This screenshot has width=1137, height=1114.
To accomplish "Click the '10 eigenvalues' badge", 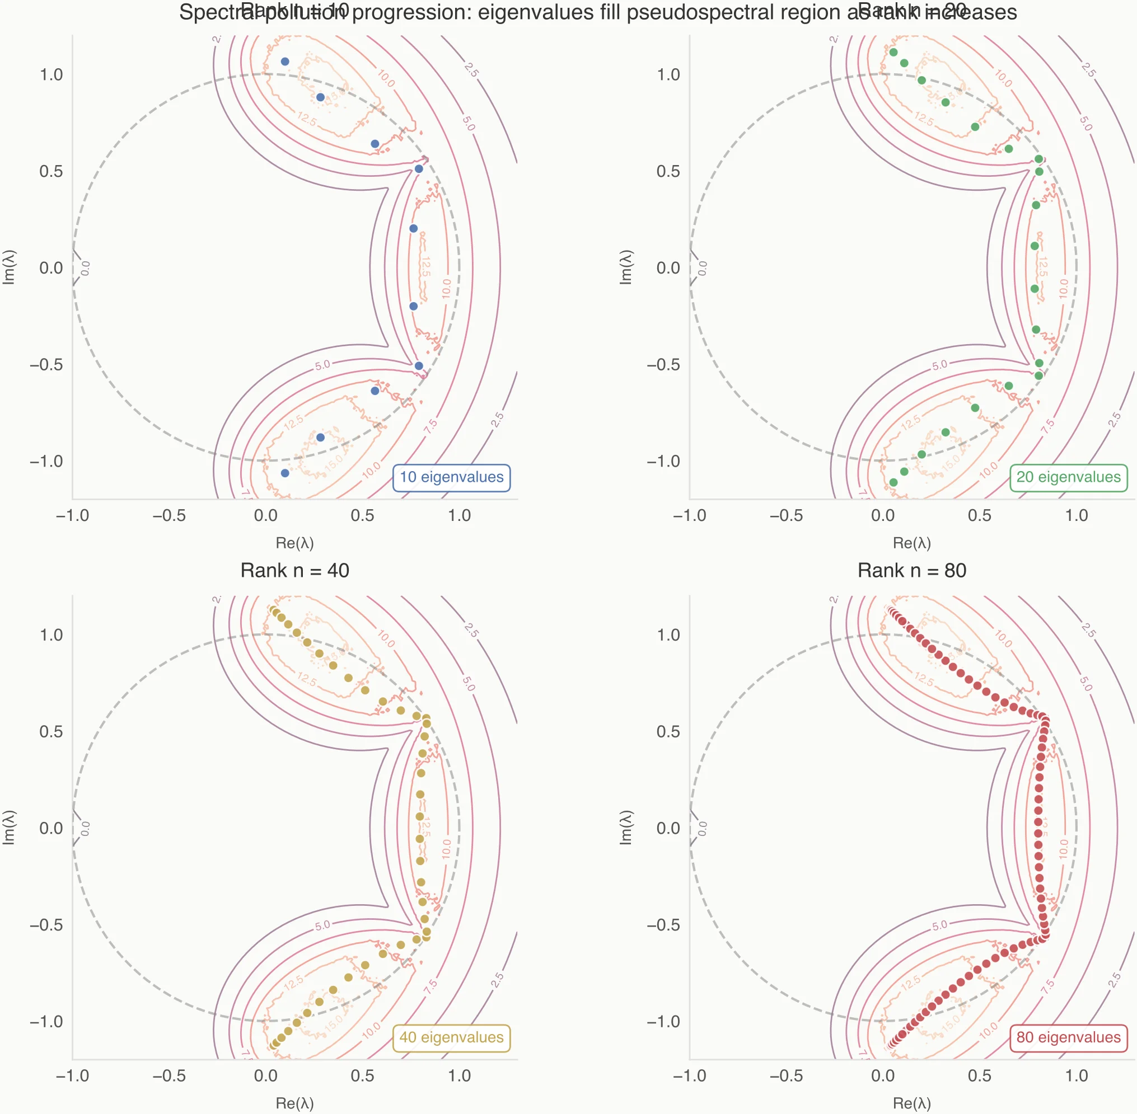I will click(451, 477).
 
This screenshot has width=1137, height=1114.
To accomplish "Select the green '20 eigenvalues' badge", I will click(1068, 477).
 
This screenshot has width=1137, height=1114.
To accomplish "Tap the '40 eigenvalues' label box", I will click(451, 1037).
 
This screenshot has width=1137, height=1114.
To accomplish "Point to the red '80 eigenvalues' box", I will click(1068, 1037).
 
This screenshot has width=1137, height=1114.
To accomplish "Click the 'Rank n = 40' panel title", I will click(294, 571).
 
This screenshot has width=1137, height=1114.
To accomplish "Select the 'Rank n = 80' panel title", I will click(911, 571).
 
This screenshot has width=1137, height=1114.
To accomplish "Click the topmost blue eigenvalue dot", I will click(284, 62).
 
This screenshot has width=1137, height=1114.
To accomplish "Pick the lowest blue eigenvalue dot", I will click(284, 473).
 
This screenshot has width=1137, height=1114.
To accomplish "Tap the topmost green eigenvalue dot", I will click(893, 52).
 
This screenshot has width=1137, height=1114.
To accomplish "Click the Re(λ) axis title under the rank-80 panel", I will click(911, 1103).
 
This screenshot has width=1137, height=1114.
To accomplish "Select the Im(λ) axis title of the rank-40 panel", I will click(9, 828).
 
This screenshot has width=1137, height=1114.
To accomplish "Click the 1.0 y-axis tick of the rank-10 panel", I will click(51, 75).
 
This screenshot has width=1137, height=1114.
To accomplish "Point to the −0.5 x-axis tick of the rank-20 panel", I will click(786, 515).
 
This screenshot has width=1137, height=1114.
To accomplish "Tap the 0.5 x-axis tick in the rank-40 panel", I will click(362, 1075).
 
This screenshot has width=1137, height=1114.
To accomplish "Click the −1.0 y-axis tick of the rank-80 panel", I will click(663, 1022).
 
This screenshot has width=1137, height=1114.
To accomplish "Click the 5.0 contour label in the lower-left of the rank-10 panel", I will click(322, 364).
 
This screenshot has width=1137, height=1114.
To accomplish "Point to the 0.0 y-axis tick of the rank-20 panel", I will click(668, 268).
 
